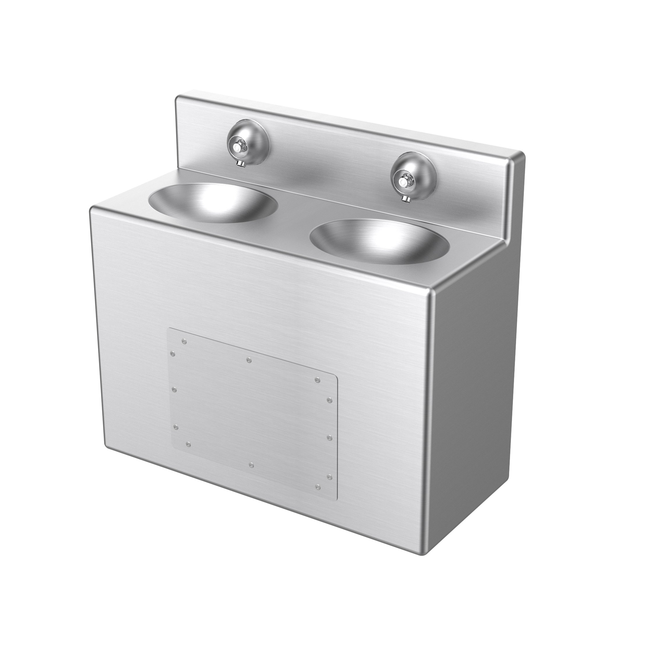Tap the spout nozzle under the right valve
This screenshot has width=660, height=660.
tap(405, 198)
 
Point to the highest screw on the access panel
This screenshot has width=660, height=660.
tap(184, 341)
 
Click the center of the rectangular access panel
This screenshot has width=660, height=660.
tap(251, 413)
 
